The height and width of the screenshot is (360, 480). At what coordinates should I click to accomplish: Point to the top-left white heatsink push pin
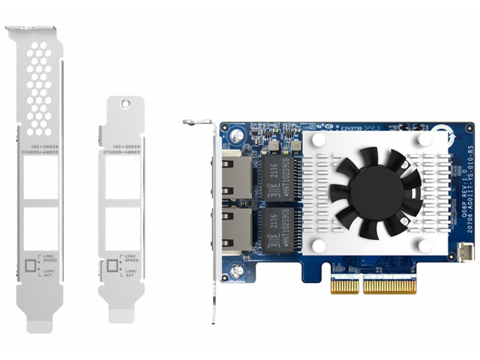[x=318, y=140]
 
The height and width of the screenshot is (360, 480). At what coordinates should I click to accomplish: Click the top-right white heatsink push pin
[x=424, y=140]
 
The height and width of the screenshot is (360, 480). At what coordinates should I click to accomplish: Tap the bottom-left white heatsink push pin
[x=318, y=245]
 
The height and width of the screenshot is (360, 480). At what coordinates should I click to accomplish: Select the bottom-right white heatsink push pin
[x=424, y=245]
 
